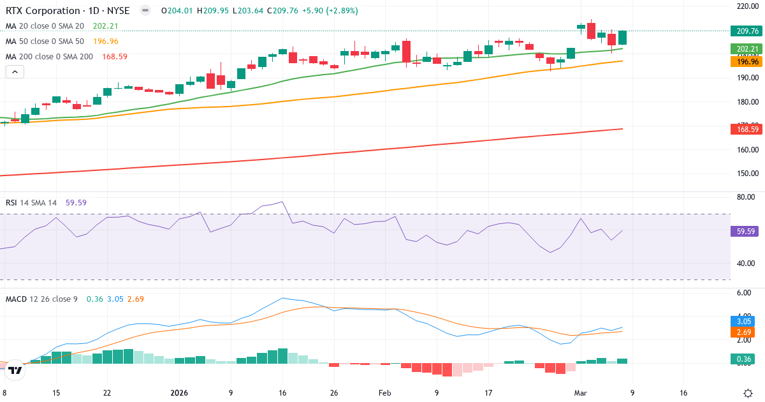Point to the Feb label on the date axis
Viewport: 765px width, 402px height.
click(x=384, y=393)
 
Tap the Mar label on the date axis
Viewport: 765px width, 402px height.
click(x=581, y=393)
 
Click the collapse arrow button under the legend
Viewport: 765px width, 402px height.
click(x=15, y=72)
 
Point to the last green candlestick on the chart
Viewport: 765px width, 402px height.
click(x=622, y=38)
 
